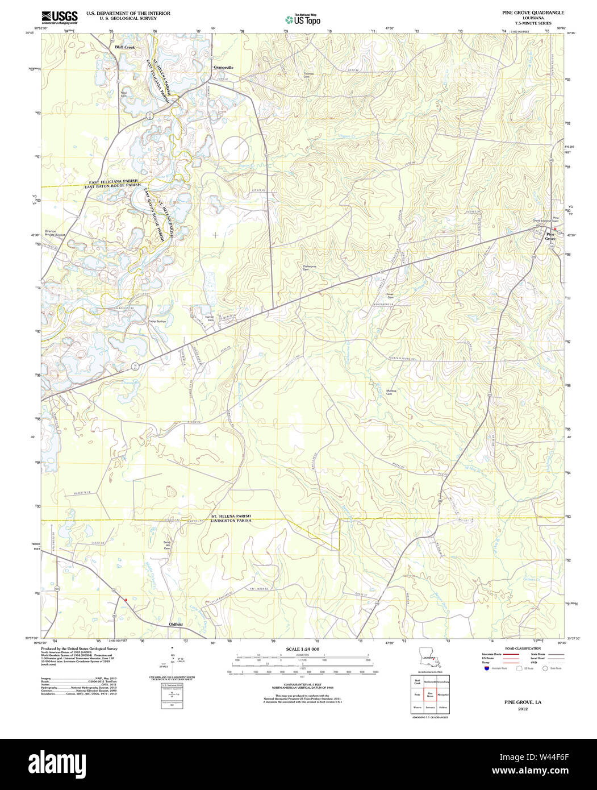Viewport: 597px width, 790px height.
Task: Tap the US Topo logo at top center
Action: (x=303, y=19)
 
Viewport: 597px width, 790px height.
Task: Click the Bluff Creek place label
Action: (x=125, y=47)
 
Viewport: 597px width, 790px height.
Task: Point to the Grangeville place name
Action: (x=223, y=67)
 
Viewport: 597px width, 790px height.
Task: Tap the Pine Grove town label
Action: (x=550, y=236)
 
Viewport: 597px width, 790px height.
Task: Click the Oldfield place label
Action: (x=176, y=624)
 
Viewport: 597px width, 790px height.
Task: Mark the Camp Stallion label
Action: (x=157, y=322)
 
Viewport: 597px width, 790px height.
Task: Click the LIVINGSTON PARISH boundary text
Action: (x=231, y=521)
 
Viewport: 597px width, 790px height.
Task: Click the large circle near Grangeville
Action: (x=235, y=150)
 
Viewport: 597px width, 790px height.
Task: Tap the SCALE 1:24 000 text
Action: (x=302, y=649)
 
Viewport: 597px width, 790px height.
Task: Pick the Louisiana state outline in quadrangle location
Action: (x=429, y=658)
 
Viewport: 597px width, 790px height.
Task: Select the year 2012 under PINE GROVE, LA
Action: (x=523, y=709)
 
